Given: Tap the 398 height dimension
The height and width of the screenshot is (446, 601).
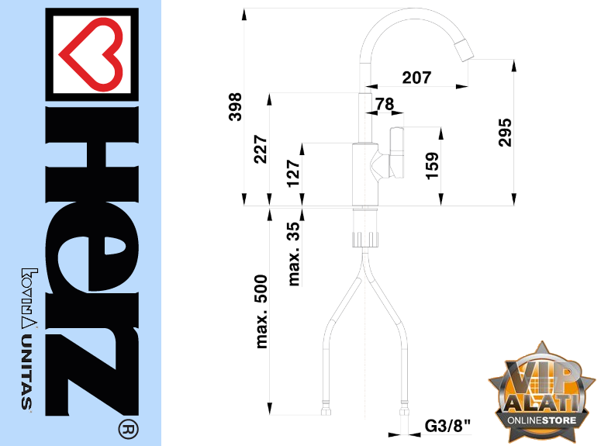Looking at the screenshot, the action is (x=235, y=106).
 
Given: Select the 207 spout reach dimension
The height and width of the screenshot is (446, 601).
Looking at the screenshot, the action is (x=416, y=78).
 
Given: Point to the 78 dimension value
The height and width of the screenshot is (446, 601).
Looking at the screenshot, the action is (x=385, y=103).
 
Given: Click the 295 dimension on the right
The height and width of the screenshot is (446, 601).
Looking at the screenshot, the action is (x=505, y=133).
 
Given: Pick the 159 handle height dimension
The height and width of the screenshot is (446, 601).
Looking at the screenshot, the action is (x=432, y=166).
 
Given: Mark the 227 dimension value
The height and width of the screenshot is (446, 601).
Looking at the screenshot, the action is (x=261, y=149).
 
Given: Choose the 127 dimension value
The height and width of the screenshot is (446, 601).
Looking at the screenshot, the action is (x=294, y=173).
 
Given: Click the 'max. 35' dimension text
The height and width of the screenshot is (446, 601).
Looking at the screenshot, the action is (x=294, y=254).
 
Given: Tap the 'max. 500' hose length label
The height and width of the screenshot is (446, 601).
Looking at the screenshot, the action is (x=261, y=311).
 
